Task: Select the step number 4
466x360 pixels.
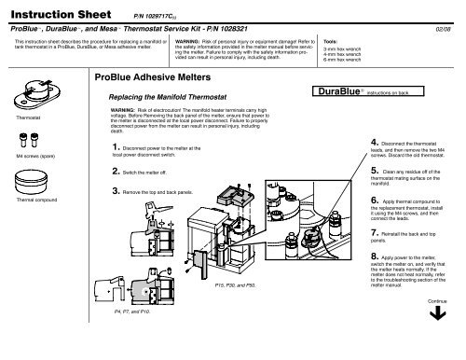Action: pyautogui.click(x=373, y=140)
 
